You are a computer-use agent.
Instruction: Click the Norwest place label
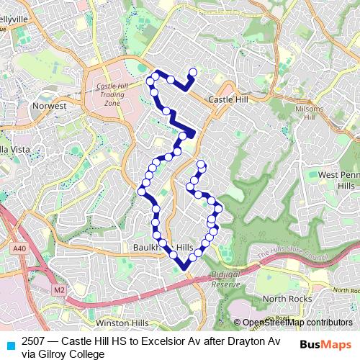49,105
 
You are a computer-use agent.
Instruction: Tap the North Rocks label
285,298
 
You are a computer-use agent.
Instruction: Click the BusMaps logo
325,344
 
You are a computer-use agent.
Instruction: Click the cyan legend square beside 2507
9,344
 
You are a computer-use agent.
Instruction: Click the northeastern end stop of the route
193,71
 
